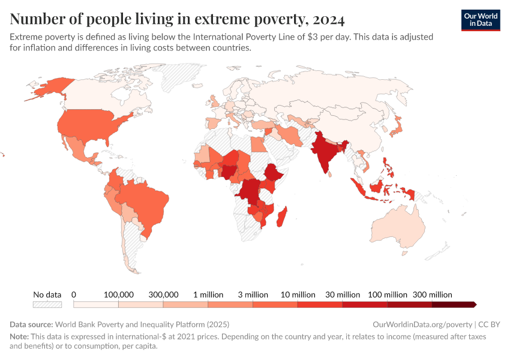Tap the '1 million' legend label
pyautogui.click(x=208, y=295)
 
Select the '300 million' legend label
pyautogui.click(x=432, y=295)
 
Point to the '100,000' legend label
pyautogui.click(x=119, y=295)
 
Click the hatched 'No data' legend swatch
pyautogui.click(x=47, y=304)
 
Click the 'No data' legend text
pyautogui.click(x=47, y=295)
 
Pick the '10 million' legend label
pyautogui.click(x=298, y=295)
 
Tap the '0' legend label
pyautogui.click(x=74, y=295)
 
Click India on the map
pyautogui.click(x=324, y=153)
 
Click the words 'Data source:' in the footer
pyautogui.click(x=31, y=324)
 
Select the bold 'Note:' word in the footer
pyautogui.click(x=20, y=337)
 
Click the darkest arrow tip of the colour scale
pyautogui.click(x=475, y=304)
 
